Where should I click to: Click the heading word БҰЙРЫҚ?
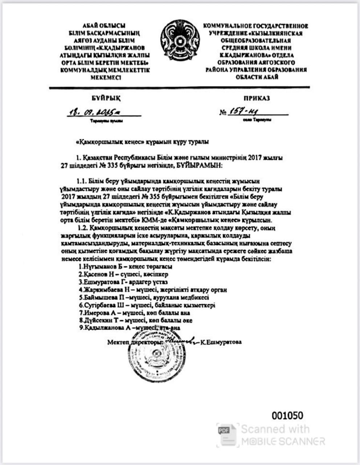(x=106, y=98)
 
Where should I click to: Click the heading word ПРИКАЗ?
(x=257, y=98)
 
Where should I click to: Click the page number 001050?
(x=287, y=415)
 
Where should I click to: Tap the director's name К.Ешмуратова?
(x=221, y=342)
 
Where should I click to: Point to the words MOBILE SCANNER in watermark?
(x=283, y=441)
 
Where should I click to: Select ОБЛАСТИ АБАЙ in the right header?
(x=256, y=77)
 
